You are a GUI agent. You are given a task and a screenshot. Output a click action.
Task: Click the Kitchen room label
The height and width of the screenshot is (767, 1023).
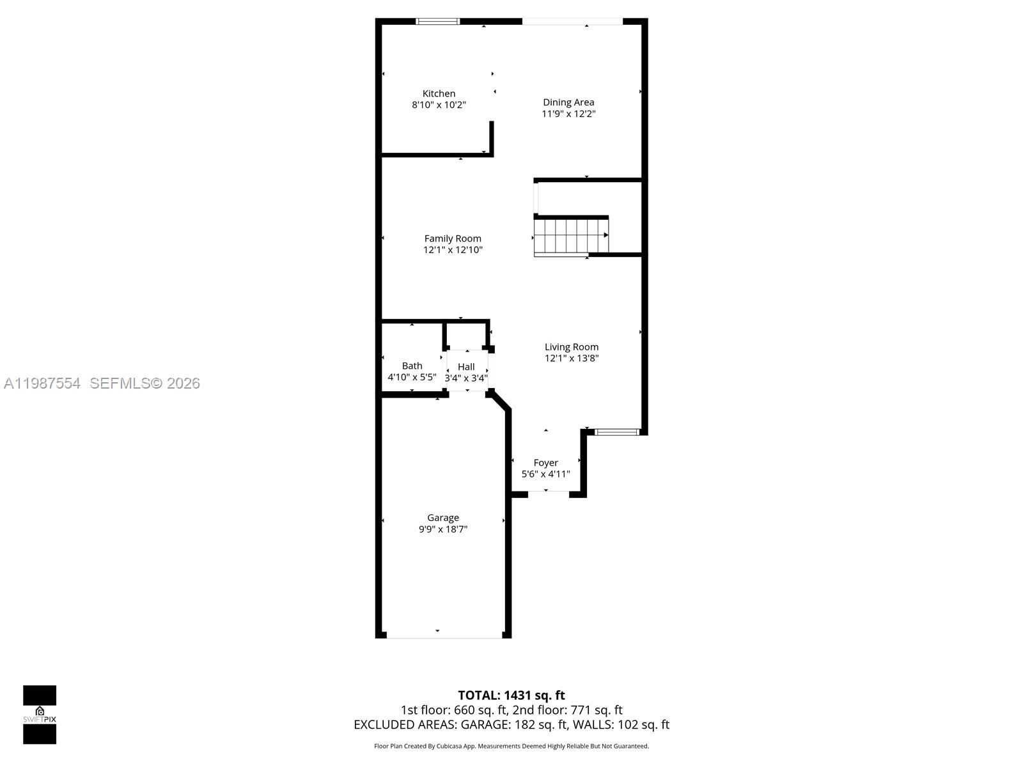point(439,93)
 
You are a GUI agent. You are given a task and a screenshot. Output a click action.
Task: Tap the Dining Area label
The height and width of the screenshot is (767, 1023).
point(568,102)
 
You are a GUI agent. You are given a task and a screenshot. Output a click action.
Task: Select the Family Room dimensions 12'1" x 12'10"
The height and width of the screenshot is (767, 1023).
point(453,250)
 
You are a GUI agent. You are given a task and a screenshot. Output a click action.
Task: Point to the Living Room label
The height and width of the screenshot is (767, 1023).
point(572,346)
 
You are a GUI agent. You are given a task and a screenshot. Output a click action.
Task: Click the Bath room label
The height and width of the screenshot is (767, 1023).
point(412,366)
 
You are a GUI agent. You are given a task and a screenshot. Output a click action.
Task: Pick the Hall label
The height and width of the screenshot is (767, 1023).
point(466,366)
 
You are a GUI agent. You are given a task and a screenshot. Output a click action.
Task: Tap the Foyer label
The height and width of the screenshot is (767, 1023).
point(545,463)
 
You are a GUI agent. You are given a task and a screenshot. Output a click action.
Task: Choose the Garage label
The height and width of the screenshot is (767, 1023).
point(443,518)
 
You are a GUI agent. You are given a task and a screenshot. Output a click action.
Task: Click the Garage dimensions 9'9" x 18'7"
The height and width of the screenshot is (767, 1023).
point(443,529)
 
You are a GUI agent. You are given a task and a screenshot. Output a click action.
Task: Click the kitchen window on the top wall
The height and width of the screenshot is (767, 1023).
point(438,21)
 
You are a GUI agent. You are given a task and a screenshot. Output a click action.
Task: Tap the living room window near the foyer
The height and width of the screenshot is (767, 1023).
point(617,432)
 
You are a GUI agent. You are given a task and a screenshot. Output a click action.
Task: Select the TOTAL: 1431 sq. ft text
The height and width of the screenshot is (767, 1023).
point(511,695)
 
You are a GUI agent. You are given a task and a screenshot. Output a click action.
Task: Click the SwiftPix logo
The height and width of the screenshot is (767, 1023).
point(40,715)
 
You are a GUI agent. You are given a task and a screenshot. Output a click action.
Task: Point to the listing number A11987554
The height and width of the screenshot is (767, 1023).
point(42,383)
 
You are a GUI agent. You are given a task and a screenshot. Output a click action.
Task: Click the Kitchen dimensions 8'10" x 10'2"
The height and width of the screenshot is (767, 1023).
point(439,105)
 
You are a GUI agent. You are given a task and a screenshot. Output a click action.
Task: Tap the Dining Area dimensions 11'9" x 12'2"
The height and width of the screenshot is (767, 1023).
point(568,114)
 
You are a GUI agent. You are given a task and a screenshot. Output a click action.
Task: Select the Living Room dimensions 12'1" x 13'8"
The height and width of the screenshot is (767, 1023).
point(572,358)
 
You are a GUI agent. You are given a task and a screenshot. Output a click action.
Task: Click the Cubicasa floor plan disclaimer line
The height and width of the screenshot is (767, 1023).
point(511,746)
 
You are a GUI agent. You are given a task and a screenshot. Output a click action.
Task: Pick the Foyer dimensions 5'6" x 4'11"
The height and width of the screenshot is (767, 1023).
point(545,474)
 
